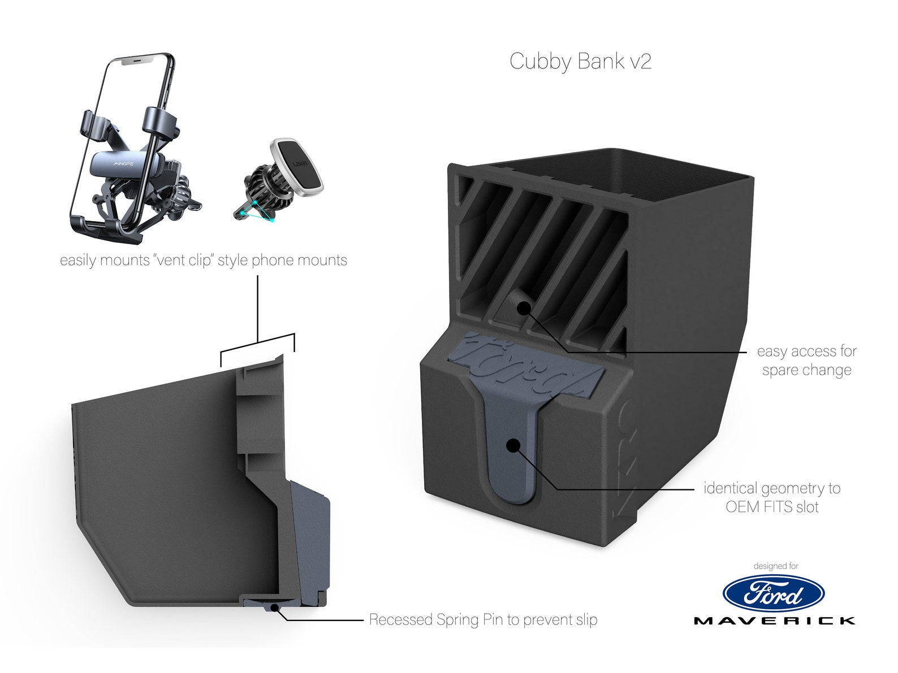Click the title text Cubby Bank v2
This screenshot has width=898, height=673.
click(580, 61)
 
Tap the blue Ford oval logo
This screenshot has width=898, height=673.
click(773, 594)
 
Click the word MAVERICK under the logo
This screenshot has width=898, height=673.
click(774, 621)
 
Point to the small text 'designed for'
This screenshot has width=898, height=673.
click(775, 566)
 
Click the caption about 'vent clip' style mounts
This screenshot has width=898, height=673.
click(204, 260)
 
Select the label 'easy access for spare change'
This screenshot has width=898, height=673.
click(806, 361)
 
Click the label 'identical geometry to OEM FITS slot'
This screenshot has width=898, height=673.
click(772, 497)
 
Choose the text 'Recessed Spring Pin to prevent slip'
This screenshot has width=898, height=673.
click(483, 619)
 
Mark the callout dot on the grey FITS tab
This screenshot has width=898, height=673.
click(513, 445)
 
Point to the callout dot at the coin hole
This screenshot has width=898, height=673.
click(524, 308)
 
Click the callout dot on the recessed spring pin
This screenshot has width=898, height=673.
click(274, 607)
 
